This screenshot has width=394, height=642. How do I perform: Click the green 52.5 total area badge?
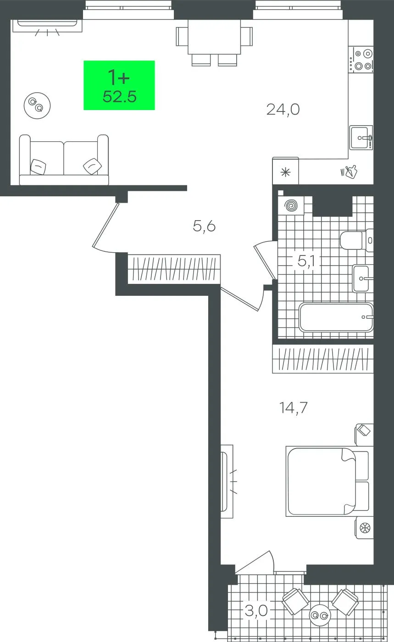coord(119,85)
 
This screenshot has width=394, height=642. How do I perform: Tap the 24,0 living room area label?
coord(283,110)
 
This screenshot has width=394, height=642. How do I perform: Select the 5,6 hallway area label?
coord(204,227)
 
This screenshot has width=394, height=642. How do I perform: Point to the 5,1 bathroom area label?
coord(306,261)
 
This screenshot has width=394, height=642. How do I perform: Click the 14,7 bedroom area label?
coord(294,408)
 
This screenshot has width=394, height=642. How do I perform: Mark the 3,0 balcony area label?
coord(256,611)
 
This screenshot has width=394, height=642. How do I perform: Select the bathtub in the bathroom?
coord(336,317)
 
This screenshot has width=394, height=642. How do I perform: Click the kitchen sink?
coord(361,138)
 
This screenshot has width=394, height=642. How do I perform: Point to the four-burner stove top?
coord(361,59)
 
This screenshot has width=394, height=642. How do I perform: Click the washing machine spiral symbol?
coord(291,205)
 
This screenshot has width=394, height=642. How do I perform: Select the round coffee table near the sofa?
coord(37,105)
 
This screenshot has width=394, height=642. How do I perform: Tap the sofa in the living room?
coord(64,160)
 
